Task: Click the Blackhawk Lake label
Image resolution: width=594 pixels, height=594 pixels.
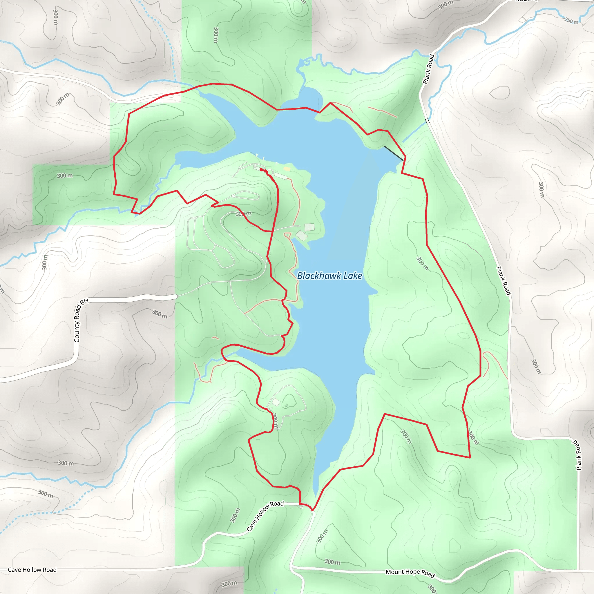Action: point(329,276)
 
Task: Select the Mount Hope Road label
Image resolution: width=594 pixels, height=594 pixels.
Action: point(410,573)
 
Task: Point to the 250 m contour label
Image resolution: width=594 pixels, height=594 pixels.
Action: point(571,21)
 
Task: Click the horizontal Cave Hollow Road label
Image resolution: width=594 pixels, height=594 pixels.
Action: point(32,570)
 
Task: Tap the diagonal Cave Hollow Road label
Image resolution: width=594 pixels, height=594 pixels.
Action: point(265,516)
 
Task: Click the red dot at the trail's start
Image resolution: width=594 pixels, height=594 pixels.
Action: point(261,169)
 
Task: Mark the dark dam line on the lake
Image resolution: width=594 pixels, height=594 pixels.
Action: point(394,153)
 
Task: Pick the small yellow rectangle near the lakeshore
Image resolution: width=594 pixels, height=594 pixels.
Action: point(287,169)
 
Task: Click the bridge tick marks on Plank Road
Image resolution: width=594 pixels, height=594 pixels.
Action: point(427,121)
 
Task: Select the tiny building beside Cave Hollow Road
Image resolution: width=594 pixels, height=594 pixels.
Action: point(301,508)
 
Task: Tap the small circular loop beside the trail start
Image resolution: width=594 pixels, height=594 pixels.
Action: point(270,172)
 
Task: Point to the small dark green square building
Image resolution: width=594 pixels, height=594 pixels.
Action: point(286,406)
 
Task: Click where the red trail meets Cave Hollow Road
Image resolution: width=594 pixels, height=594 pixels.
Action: point(312,510)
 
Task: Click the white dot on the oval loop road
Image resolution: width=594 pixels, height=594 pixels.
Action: point(233,196)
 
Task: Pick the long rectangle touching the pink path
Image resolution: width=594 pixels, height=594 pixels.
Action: point(281,176)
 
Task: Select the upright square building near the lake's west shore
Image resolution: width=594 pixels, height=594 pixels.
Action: point(309,227)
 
